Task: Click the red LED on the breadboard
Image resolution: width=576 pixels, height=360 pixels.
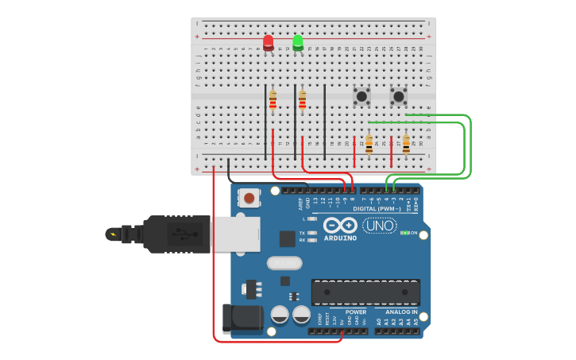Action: [x=269, y=42]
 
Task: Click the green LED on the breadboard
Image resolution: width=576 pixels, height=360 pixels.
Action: [x=298, y=41]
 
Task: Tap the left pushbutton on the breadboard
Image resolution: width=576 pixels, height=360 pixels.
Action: [x=362, y=96]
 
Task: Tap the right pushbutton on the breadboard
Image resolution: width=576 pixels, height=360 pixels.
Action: [x=399, y=96]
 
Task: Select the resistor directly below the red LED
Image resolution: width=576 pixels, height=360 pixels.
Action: [x=273, y=100]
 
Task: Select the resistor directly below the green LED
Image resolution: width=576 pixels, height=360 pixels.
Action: [x=303, y=100]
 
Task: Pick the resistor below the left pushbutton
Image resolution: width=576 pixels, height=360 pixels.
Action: [x=369, y=145]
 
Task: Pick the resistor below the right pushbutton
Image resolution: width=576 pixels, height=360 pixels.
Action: [x=406, y=145]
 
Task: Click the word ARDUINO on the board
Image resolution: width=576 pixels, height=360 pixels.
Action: [x=340, y=238]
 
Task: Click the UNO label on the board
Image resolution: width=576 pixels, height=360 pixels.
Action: [x=379, y=226]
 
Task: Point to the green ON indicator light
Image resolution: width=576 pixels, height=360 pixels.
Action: [x=405, y=233]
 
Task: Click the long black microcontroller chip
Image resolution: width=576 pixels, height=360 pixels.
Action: [x=365, y=292]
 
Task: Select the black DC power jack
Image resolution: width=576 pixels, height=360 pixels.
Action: [x=242, y=319]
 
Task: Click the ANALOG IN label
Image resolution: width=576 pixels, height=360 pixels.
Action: [x=401, y=312]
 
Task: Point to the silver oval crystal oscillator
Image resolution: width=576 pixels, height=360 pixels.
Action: [x=284, y=263]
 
